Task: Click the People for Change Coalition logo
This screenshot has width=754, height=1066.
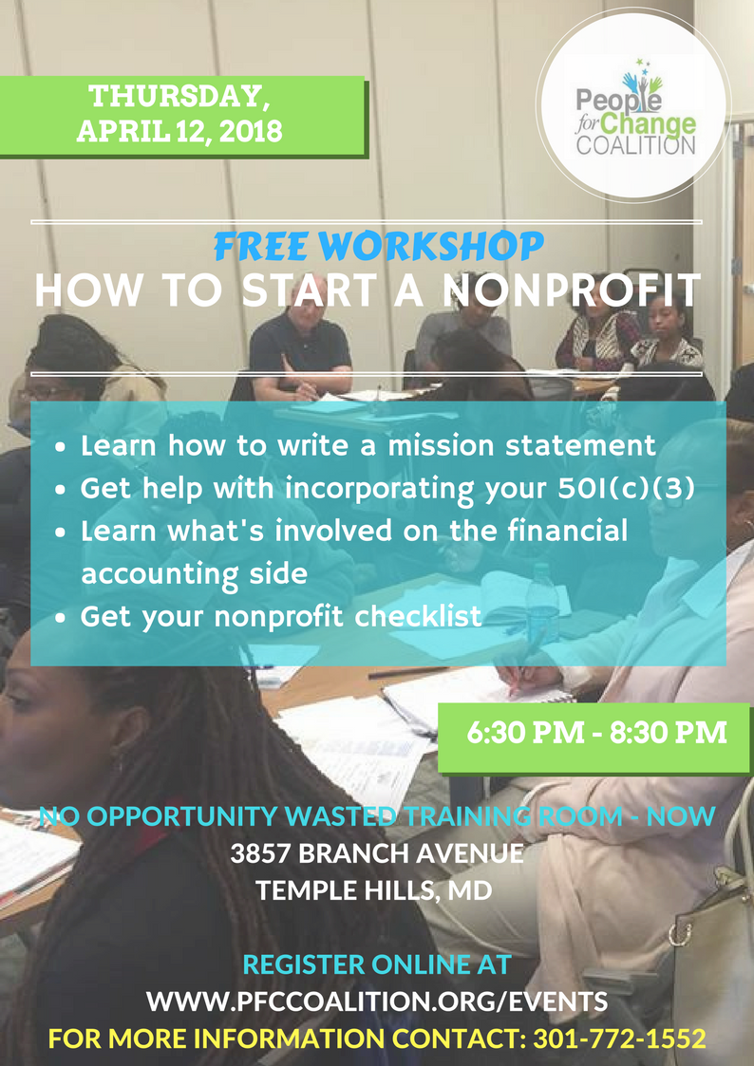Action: coord(633,106)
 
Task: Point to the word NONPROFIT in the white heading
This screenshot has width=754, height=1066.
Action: coord(571,290)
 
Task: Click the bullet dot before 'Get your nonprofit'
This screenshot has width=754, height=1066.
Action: coord(62,619)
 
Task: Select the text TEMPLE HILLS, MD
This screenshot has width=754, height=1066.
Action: coord(374,890)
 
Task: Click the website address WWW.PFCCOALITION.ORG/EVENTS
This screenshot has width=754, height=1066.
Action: coord(377,1001)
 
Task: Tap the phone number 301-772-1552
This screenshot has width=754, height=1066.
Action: coord(619,1038)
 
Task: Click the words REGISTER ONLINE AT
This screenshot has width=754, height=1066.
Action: coord(377,964)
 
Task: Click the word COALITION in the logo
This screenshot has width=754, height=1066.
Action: coord(635,145)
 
